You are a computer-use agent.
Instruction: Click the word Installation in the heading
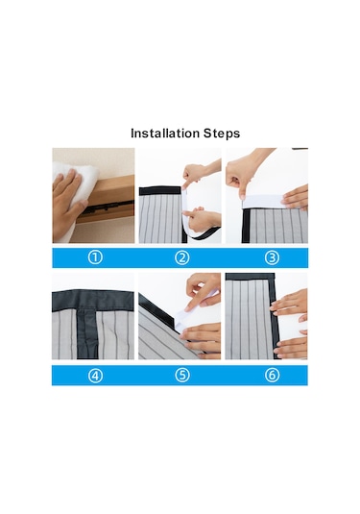tap(165, 134)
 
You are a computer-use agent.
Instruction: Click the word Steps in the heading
tap(222, 134)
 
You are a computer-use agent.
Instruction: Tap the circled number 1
tap(95, 257)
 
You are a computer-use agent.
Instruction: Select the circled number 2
tap(182, 257)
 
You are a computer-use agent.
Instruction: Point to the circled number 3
tap(272, 257)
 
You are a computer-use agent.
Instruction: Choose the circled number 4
tap(95, 376)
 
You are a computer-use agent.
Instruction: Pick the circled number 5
tap(182, 376)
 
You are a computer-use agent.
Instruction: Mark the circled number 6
tap(272, 376)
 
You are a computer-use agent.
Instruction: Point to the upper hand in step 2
tap(200, 173)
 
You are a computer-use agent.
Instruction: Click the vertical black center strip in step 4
tap(87, 334)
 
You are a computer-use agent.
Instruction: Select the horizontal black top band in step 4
tap(93, 301)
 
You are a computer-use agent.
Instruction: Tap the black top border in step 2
tap(160, 191)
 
